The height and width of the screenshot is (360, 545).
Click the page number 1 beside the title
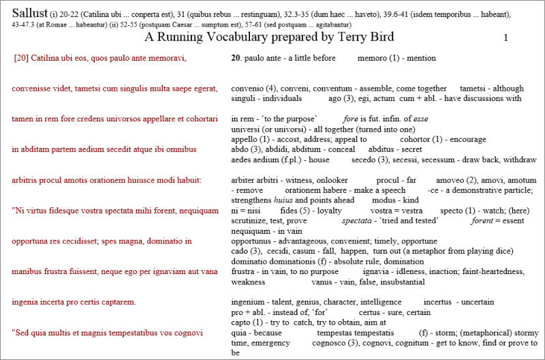click(505, 38)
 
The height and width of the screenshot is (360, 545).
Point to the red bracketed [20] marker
click(21, 58)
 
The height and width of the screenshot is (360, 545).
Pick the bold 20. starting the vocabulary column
click(236, 58)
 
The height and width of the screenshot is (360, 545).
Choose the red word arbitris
click(27, 180)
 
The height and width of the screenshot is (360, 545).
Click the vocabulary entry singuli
click(243, 98)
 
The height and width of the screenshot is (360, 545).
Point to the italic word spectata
click(375, 221)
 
